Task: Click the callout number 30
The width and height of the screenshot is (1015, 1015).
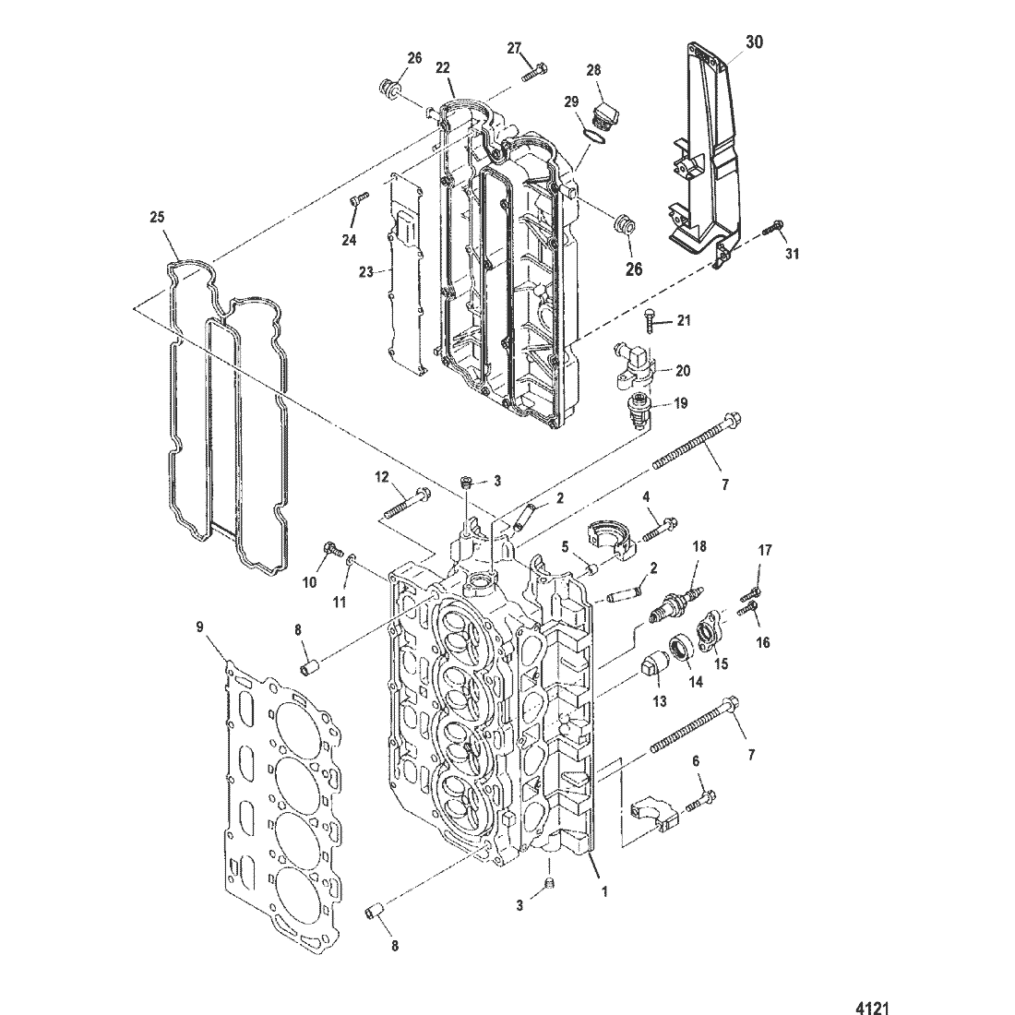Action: tap(754, 42)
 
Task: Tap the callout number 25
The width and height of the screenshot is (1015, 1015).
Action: tap(157, 218)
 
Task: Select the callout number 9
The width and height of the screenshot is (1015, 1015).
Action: tap(199, 626)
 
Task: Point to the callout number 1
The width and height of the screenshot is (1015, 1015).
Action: tap(604, 891)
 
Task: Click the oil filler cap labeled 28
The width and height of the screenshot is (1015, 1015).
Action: tap(602, 113)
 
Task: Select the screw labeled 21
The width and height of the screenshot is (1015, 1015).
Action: tap(650, 320)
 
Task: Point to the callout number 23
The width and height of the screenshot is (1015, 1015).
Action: tap(366, 272)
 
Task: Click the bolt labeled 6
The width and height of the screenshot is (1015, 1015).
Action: tap(699, 800)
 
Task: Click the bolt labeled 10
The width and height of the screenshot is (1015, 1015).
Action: tap(333, 550)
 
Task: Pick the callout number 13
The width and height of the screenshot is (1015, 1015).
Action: tap(660, 701)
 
